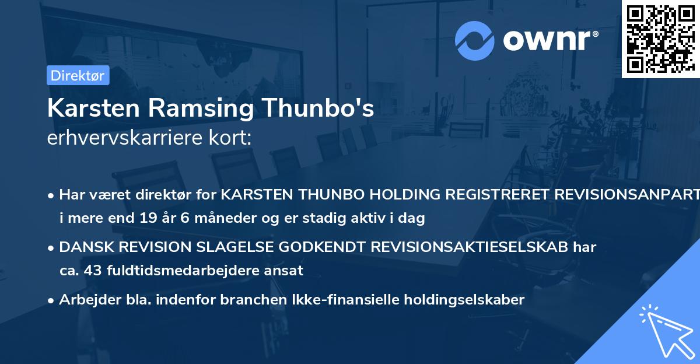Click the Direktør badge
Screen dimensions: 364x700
(x=78, y=75)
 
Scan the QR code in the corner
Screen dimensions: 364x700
(x=660, y=38)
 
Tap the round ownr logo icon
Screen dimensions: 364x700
(x=475, y=40)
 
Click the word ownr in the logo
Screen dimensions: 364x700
(x=547, y=41)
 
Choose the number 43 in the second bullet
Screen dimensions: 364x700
(x=94, y=271)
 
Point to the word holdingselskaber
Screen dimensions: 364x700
(x=456, y=300)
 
